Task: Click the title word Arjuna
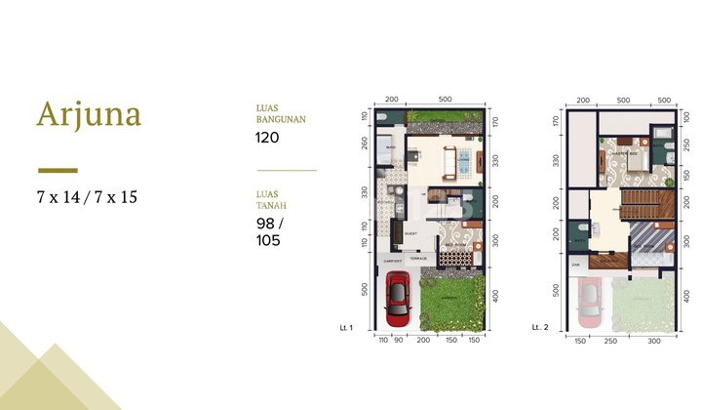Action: pos(89,114)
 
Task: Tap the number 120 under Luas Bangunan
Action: pos(268,138)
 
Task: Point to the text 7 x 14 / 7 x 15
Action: pos(88,197)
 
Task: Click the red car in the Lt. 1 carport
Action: pos(397,299)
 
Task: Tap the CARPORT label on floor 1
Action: pos(392,260)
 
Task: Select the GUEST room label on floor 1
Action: pos(410,234)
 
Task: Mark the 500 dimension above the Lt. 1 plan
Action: pos(445,101)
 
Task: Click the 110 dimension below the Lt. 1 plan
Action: pos(383,341)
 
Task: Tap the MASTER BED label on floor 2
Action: pos(624,154)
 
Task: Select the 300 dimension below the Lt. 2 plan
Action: pos(652,341)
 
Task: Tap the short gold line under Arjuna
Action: pos(57,169)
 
